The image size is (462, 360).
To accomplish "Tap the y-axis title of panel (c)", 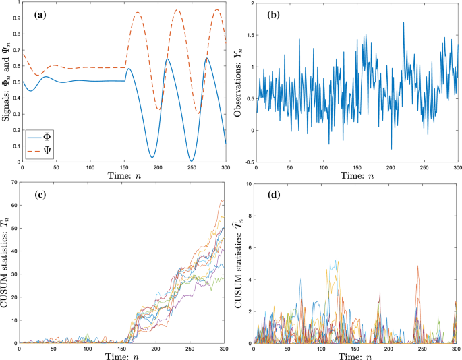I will click(x=7, y=263).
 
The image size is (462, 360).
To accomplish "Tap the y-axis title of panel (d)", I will click(x=239, y=263).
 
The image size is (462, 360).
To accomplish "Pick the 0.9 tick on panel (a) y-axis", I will click(x=15, y=20).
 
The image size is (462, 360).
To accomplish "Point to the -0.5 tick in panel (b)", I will click(x=245, y=162).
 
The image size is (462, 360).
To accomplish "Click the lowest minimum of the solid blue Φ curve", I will click(x=191, y=160).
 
